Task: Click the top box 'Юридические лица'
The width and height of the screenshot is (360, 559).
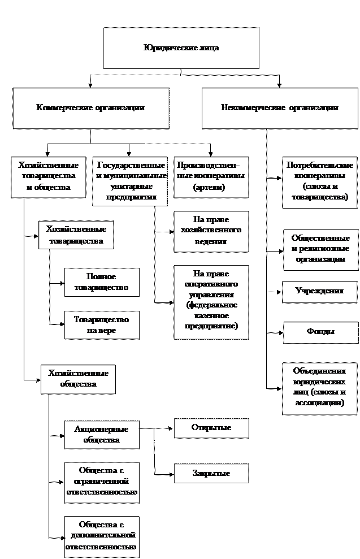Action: pos(181,48)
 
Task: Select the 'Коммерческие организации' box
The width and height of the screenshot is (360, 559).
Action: pos(90,107)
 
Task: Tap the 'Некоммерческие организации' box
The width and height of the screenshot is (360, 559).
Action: pos(279,107)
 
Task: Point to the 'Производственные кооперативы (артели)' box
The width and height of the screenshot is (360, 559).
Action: pos(211,177)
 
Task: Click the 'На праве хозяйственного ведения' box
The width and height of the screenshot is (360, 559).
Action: pos(211,231)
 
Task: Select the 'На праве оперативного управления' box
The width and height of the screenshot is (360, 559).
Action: pos(211,302)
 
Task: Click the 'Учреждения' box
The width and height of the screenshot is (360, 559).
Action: pos(320,292)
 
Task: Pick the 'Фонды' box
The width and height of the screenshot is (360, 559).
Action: pos(320,332)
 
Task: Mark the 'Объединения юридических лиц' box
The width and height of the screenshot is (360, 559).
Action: pos(320,388)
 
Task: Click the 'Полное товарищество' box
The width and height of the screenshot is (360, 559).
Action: pos(101,282)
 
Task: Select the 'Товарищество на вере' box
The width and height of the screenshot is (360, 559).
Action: pos(101,325)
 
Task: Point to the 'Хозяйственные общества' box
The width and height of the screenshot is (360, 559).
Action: pos(78,379)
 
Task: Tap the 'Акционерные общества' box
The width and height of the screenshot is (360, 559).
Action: pos(101,435)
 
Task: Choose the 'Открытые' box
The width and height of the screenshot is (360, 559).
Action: pos(211,428)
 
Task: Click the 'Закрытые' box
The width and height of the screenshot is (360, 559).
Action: pos(211,474)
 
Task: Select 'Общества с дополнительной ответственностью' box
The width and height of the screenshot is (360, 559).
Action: pos(101,536)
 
